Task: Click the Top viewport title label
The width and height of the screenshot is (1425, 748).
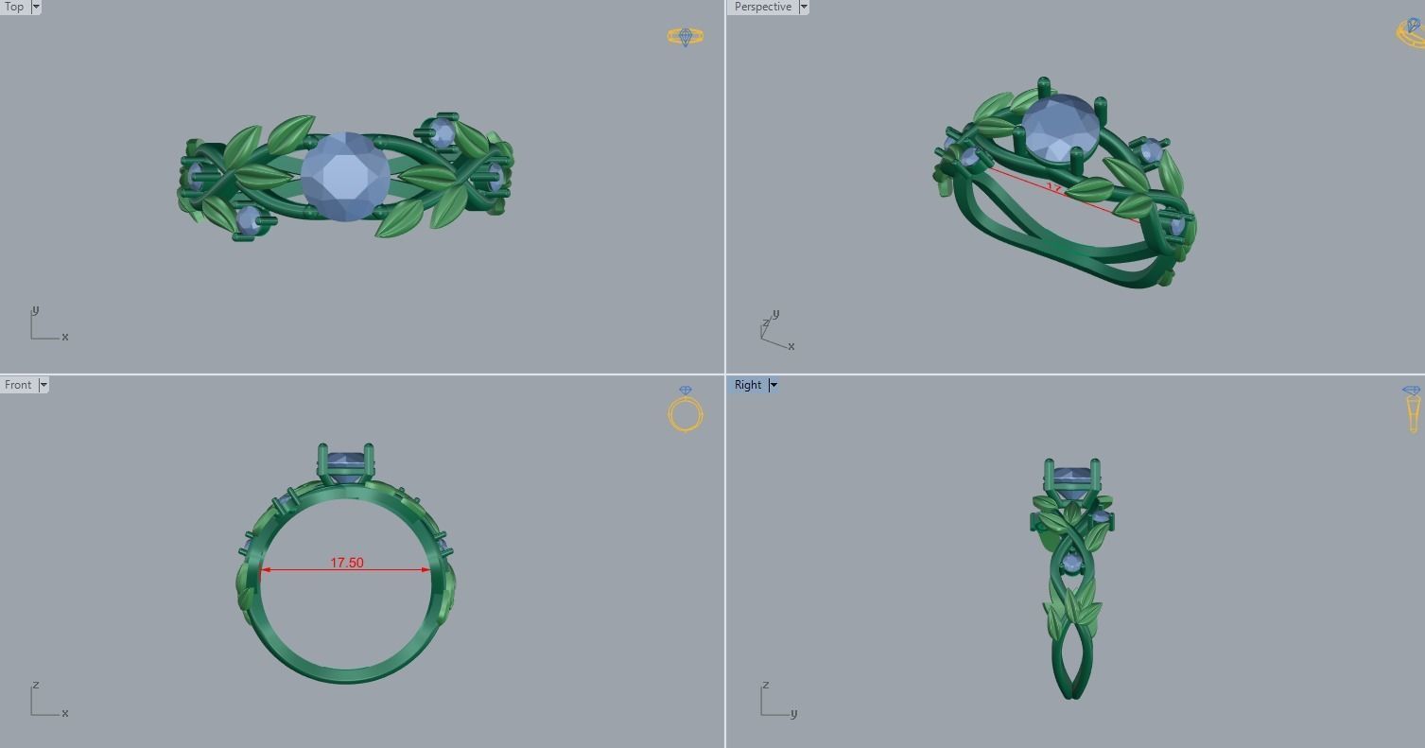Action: (14, 7)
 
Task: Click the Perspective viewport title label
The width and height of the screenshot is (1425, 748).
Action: (762, 7)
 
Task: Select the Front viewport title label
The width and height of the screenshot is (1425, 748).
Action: (18, 385)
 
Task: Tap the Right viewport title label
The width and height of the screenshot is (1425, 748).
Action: (747, 385)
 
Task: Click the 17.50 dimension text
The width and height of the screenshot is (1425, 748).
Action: (346, 563)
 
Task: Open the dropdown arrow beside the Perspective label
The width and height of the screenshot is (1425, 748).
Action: (804, 7)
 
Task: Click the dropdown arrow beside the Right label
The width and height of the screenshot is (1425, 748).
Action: (773, 385)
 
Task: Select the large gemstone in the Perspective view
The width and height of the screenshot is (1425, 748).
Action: (1060, 128)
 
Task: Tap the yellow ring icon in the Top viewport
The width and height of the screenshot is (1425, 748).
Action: (686, 37)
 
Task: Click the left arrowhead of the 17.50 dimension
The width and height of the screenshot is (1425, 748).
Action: (265, 570)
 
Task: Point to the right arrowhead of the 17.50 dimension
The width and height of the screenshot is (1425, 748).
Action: (426, 570)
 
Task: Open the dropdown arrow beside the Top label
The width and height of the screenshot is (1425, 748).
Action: (36, 7)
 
